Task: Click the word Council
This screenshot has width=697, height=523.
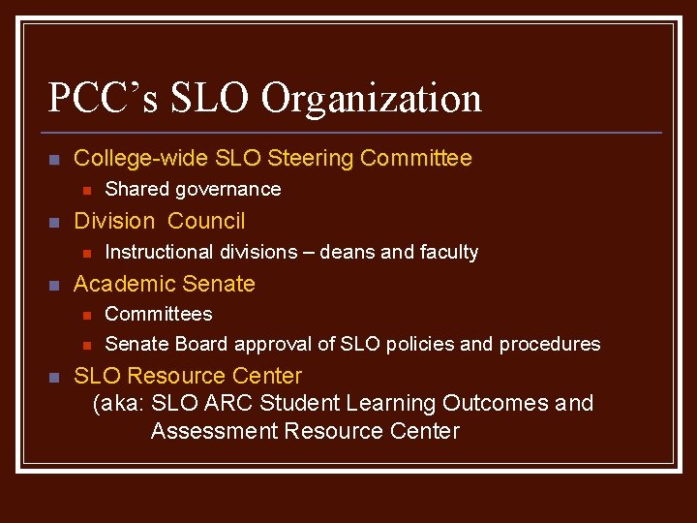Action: tap(207, 221)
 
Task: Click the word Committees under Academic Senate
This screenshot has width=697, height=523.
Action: tap(159, 314)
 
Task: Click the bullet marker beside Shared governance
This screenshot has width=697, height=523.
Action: tap(85, 191)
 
